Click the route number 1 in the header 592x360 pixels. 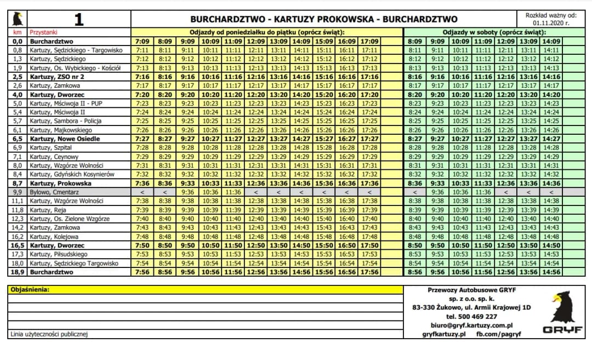[x=79, y=20]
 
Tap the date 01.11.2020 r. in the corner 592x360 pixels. [x=551, y=24]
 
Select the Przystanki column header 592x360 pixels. [x=44, y=32]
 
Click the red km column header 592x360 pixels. [x=17, y=32]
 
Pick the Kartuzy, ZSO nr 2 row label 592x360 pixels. [x=57, y=77]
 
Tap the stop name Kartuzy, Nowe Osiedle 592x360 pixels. [x=65, y=139]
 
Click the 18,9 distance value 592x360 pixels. [x=17, y=272]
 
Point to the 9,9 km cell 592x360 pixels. [x=17, y=192]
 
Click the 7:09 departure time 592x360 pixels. [x=142, y=41]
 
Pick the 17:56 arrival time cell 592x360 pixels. [x=371, y=272]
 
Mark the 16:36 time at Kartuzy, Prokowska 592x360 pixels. [x=348, y=184]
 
